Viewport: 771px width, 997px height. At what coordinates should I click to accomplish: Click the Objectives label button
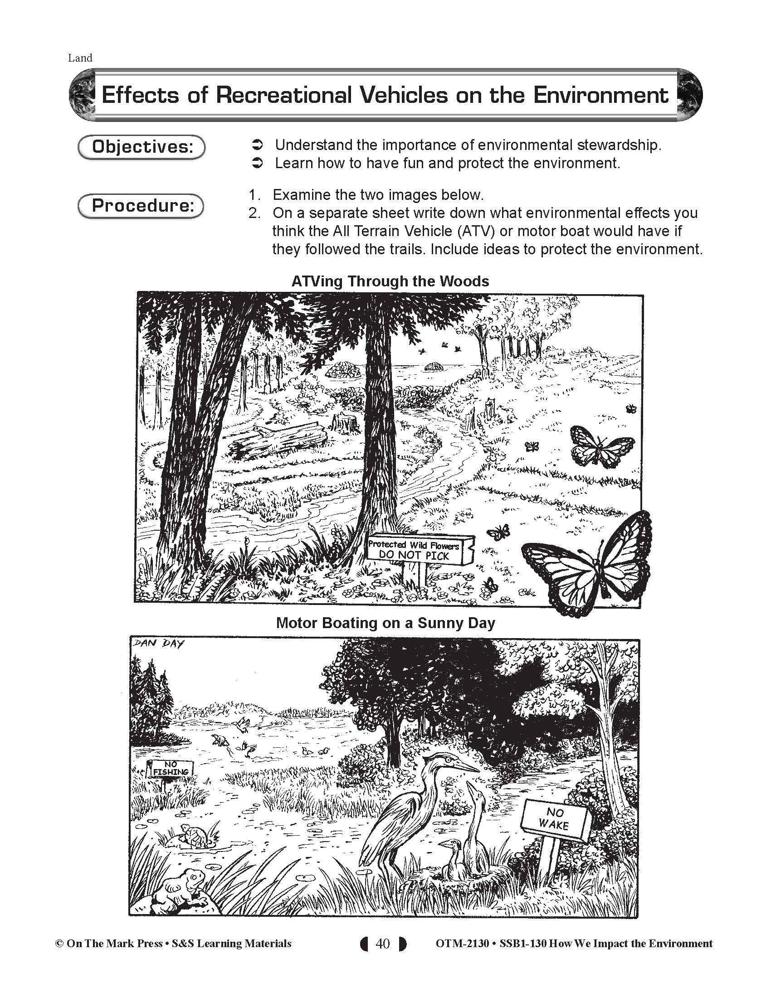pyautogui.click(x=142, y=147)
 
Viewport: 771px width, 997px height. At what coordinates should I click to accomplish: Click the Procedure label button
pyautogui.click(x=141, y=206)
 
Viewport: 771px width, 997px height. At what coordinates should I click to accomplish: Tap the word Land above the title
pyautogui.click(x=80, y=58)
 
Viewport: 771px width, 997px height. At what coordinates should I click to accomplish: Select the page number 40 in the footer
pyautogui.click(x=382, y=943)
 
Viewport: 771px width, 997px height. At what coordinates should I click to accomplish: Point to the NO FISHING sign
pyautogui.click(x=171, y=768)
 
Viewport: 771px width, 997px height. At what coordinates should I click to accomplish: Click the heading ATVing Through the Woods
pyautogui.click(x=390, y=281)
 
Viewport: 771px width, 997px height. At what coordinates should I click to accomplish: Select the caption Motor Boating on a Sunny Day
pyautogui.click(x=385, y=623)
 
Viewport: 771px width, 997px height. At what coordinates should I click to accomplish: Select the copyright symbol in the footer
pyautogui.click(x=59, y=943)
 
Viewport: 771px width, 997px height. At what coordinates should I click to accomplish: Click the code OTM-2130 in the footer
pyautogui.click(x=462, y=943)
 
